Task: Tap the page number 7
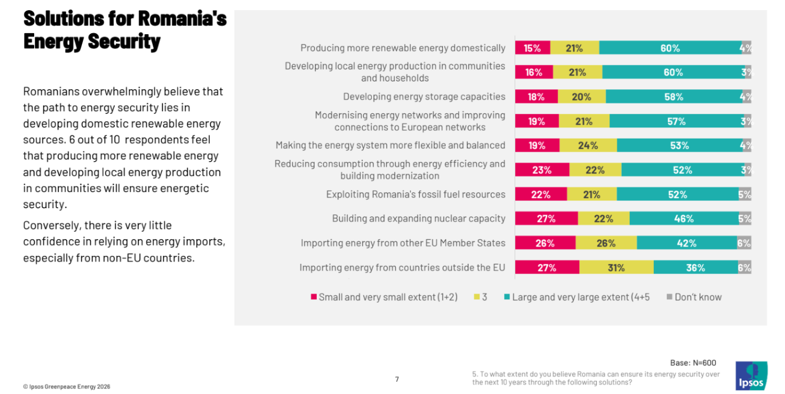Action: (397, 379)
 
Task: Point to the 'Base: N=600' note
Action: (693, 363)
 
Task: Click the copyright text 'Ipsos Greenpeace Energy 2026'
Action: (67, 387)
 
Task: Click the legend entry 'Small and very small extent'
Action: (387, 297)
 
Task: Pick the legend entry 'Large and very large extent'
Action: (580, 297)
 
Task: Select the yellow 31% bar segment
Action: (616, 268)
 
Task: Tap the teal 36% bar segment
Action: (695, 268)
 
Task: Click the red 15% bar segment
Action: (532, 48)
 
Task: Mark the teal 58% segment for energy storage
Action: (674, 97)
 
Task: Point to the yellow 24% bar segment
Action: (588, 145)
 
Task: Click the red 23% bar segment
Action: (542, 170)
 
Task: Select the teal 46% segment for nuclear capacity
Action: (684, 219)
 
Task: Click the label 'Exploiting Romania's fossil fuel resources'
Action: (415, 194)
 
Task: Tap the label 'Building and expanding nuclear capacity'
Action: (418, 219)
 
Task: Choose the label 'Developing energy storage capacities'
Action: (424, 97)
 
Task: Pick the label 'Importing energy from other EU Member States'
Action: (403, 243)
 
